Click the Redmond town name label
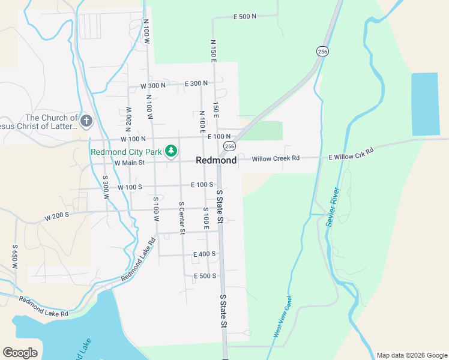pos(216,161)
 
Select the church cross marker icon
pos(86,122)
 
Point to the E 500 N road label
pos(244,17)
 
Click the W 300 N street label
pos(152,86)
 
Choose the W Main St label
pos(130,163)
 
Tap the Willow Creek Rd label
pos(276,158)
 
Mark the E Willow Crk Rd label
pos(351,153)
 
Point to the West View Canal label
pos(283,316)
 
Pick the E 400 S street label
pos(205,254)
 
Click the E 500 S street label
pos(205,276)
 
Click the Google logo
pos(20,353)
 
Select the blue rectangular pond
pos(425,104)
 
